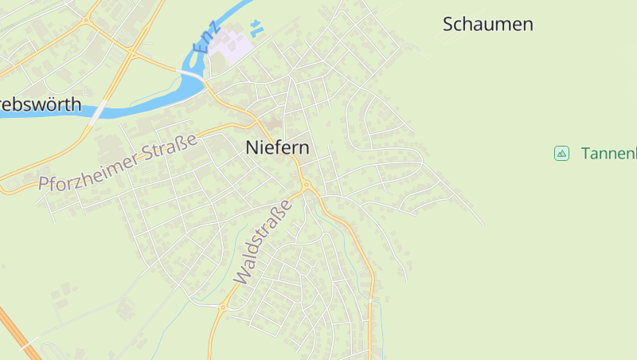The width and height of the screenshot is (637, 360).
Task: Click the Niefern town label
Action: tap(277, 147)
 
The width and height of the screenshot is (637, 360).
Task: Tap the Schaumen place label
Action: tap(487, 24)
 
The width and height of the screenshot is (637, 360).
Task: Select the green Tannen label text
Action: tap(608, 153)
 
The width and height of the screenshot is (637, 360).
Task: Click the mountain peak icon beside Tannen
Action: tap(561, 153)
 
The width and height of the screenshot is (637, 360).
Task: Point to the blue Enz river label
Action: tap(205, 39)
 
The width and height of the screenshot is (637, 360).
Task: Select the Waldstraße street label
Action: tap(264, 241)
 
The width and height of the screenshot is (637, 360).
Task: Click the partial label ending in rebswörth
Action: tap(40, 104)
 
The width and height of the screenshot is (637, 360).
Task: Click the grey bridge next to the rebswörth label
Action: tap(96, 112)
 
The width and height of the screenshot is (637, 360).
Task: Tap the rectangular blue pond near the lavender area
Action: tap(256, 31)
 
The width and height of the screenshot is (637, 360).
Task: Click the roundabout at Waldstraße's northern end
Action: tap(306, 187)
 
